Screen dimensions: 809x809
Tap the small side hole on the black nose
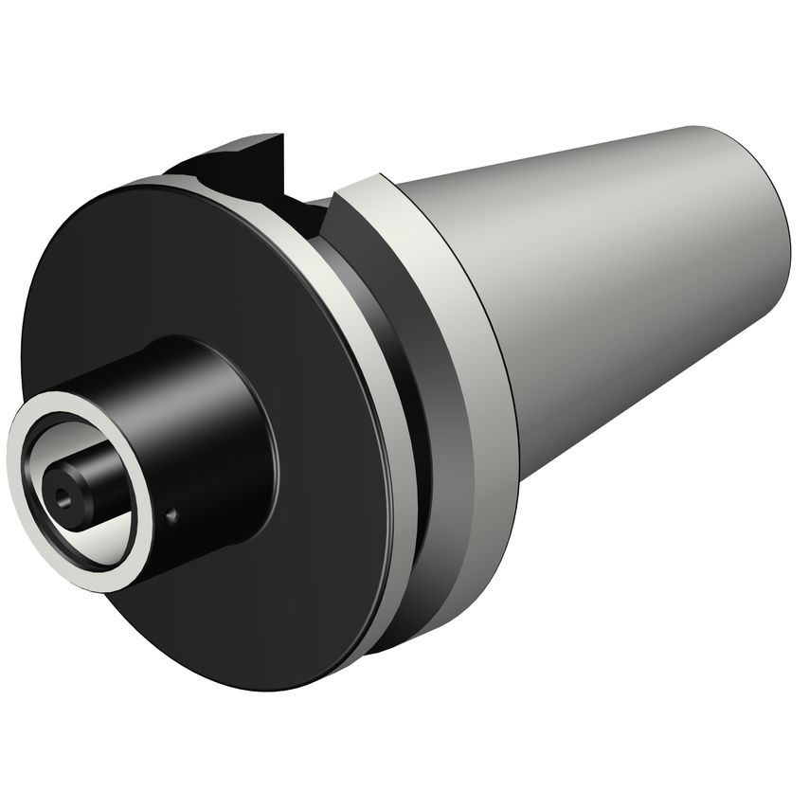(171, 515)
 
